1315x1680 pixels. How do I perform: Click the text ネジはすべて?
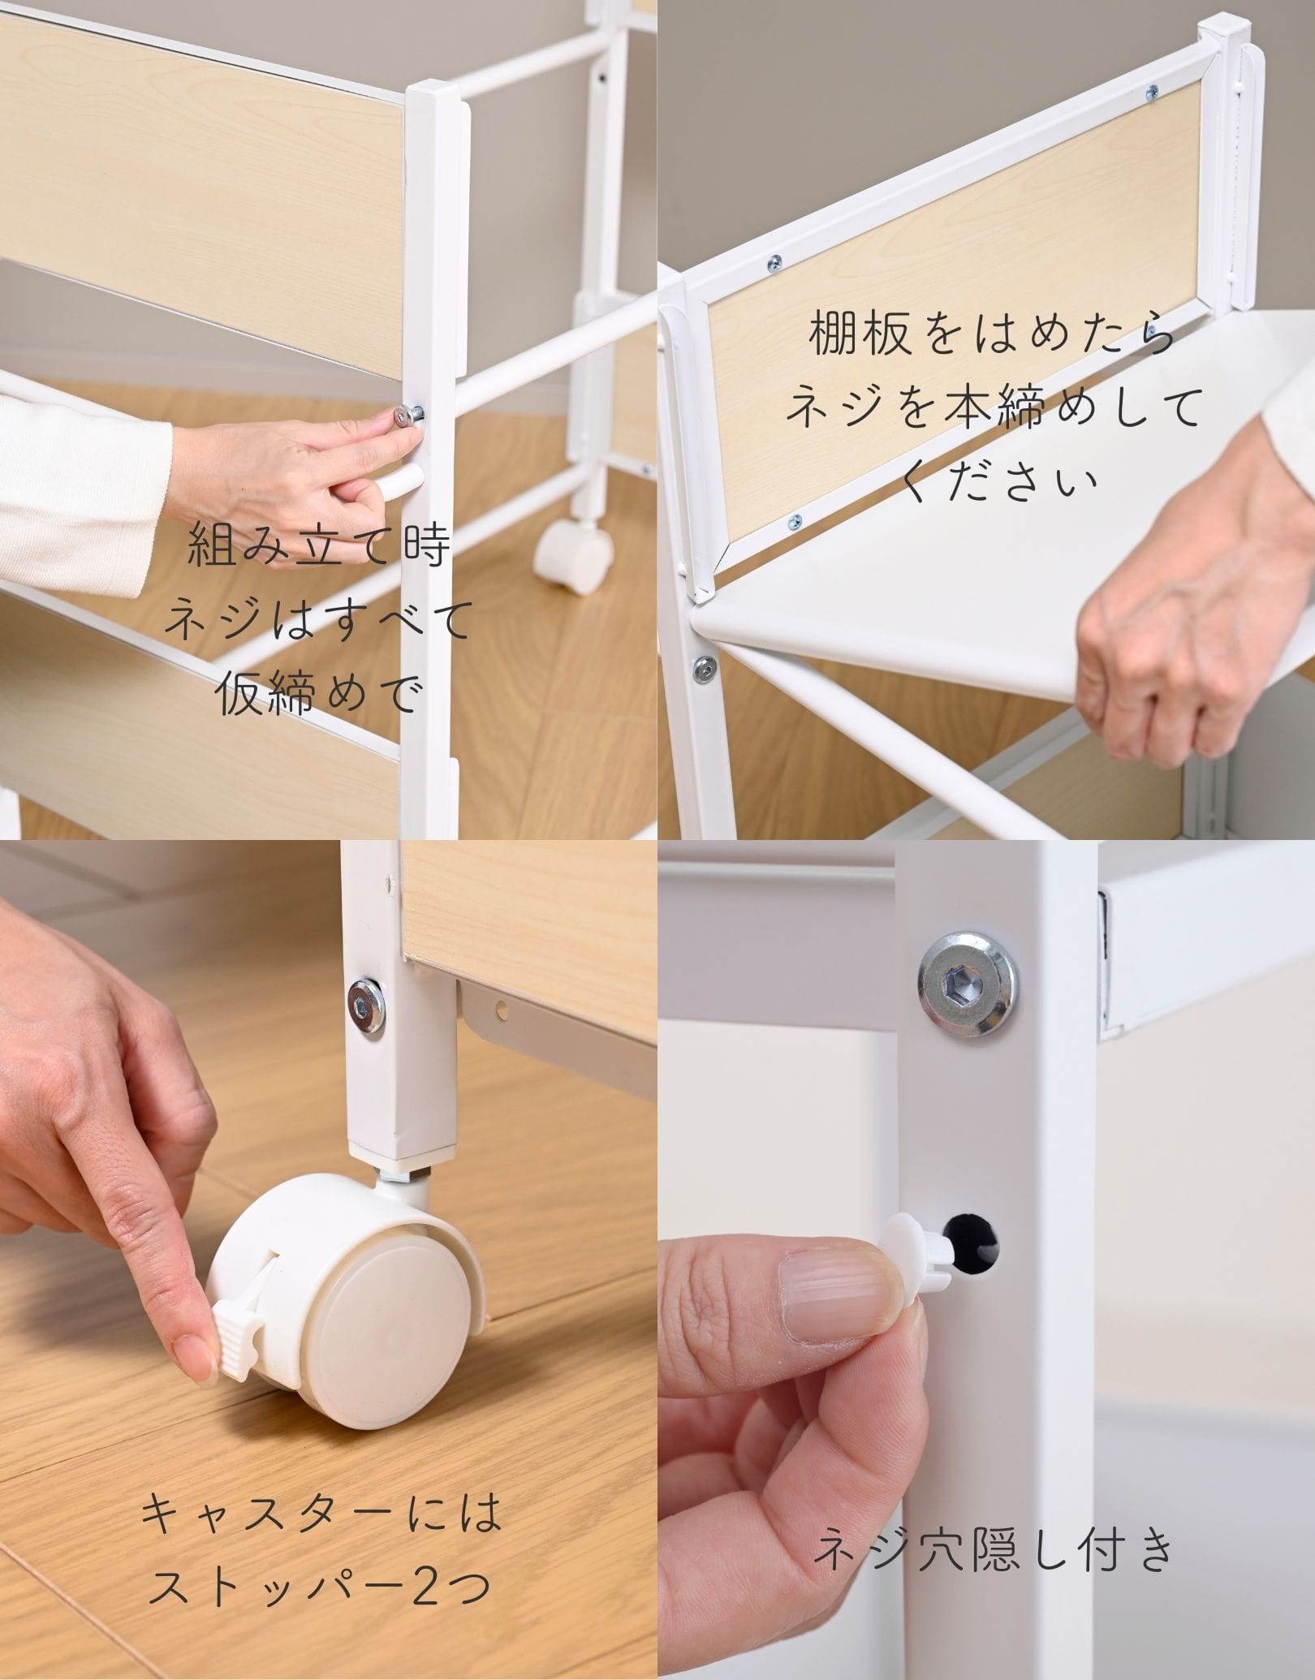[318, 619]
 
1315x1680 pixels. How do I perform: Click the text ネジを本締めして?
[993, 408]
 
